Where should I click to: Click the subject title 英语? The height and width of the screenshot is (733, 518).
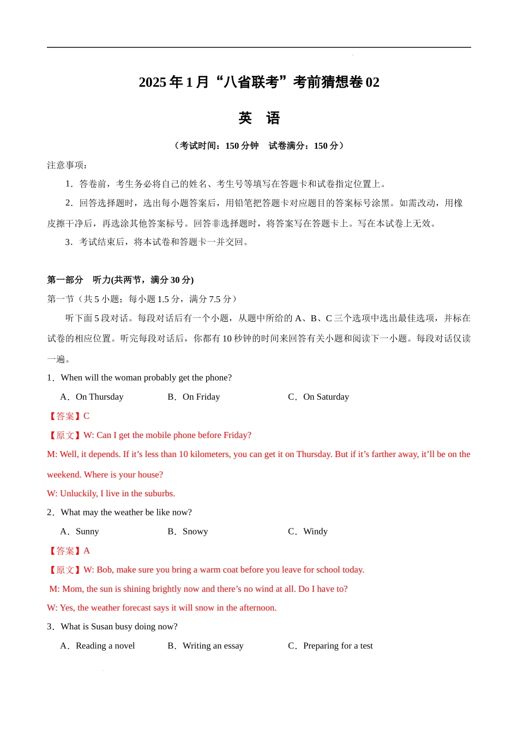pos(259,118)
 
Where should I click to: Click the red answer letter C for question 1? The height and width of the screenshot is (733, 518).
pos(86,416)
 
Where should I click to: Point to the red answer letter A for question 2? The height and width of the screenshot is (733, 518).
pos(87,551)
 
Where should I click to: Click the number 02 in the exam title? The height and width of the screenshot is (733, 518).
pos(372,82)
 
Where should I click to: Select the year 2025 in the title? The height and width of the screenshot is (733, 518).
pos(152,82)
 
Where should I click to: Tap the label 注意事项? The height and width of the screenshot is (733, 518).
pos(67,165)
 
